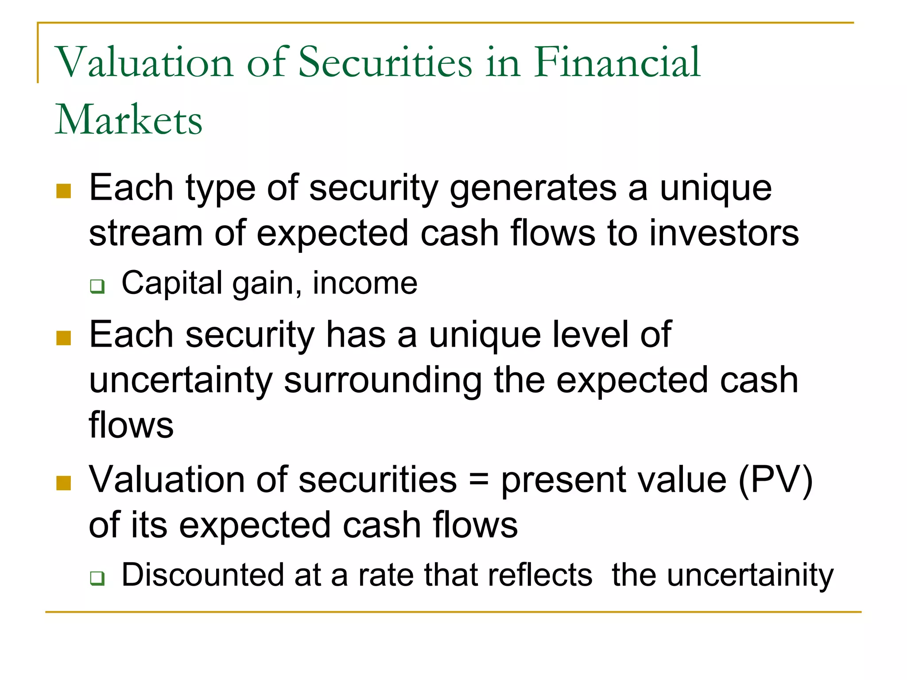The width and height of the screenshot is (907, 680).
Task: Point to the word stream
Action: pyautogui.click(x=146, y=233)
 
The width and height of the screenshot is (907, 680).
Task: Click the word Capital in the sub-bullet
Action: pyautogui.click(x=172, y=283)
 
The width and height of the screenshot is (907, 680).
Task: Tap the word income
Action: pyautogui.click(x=365, y=283)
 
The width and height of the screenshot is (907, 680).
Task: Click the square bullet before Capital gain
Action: pyautogui.click(x=97, y=286)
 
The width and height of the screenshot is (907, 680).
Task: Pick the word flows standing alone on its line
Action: pyautogui.click(x=131, y=425)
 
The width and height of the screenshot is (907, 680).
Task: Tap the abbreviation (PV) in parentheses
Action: pyautogui.click(x=775, y=480)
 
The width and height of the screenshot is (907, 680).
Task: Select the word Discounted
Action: pyautogui.click(x=202, y=575)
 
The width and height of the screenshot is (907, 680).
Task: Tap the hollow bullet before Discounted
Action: pyautogui.click(x=97, y=578)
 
